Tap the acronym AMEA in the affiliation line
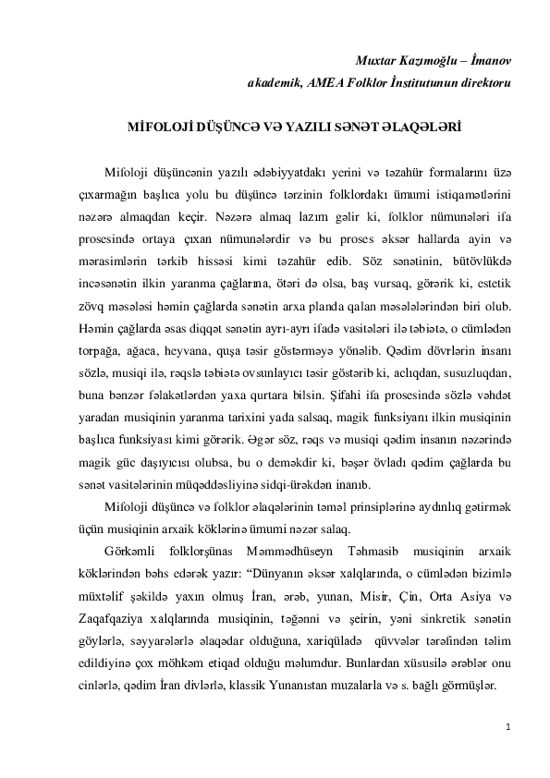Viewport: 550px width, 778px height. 327,82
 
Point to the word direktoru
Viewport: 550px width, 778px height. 479,82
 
